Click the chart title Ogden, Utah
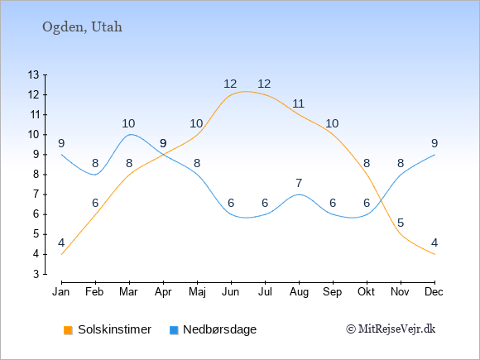coord(82,27)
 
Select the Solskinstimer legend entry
coord(108,329)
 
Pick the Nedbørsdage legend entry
coord(213,329)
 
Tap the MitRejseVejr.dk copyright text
coord(391,329)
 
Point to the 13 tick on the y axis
coord(34,74)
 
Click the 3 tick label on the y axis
coord(36,274)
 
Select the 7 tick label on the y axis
coord(36,194)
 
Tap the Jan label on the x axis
coord(61,292)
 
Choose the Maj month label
coord(197,292)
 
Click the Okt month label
coord(367,292)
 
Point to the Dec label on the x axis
coord(434,292)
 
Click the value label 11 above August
coord(299,103)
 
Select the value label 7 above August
coord(299,184)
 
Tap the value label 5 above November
coord(401,223)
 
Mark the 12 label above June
coord(230,84)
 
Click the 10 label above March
coord(128,123)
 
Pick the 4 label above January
coord(61,242)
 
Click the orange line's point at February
coord(95,214)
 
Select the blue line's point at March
coord(129,135)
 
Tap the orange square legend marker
coord(68,330)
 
